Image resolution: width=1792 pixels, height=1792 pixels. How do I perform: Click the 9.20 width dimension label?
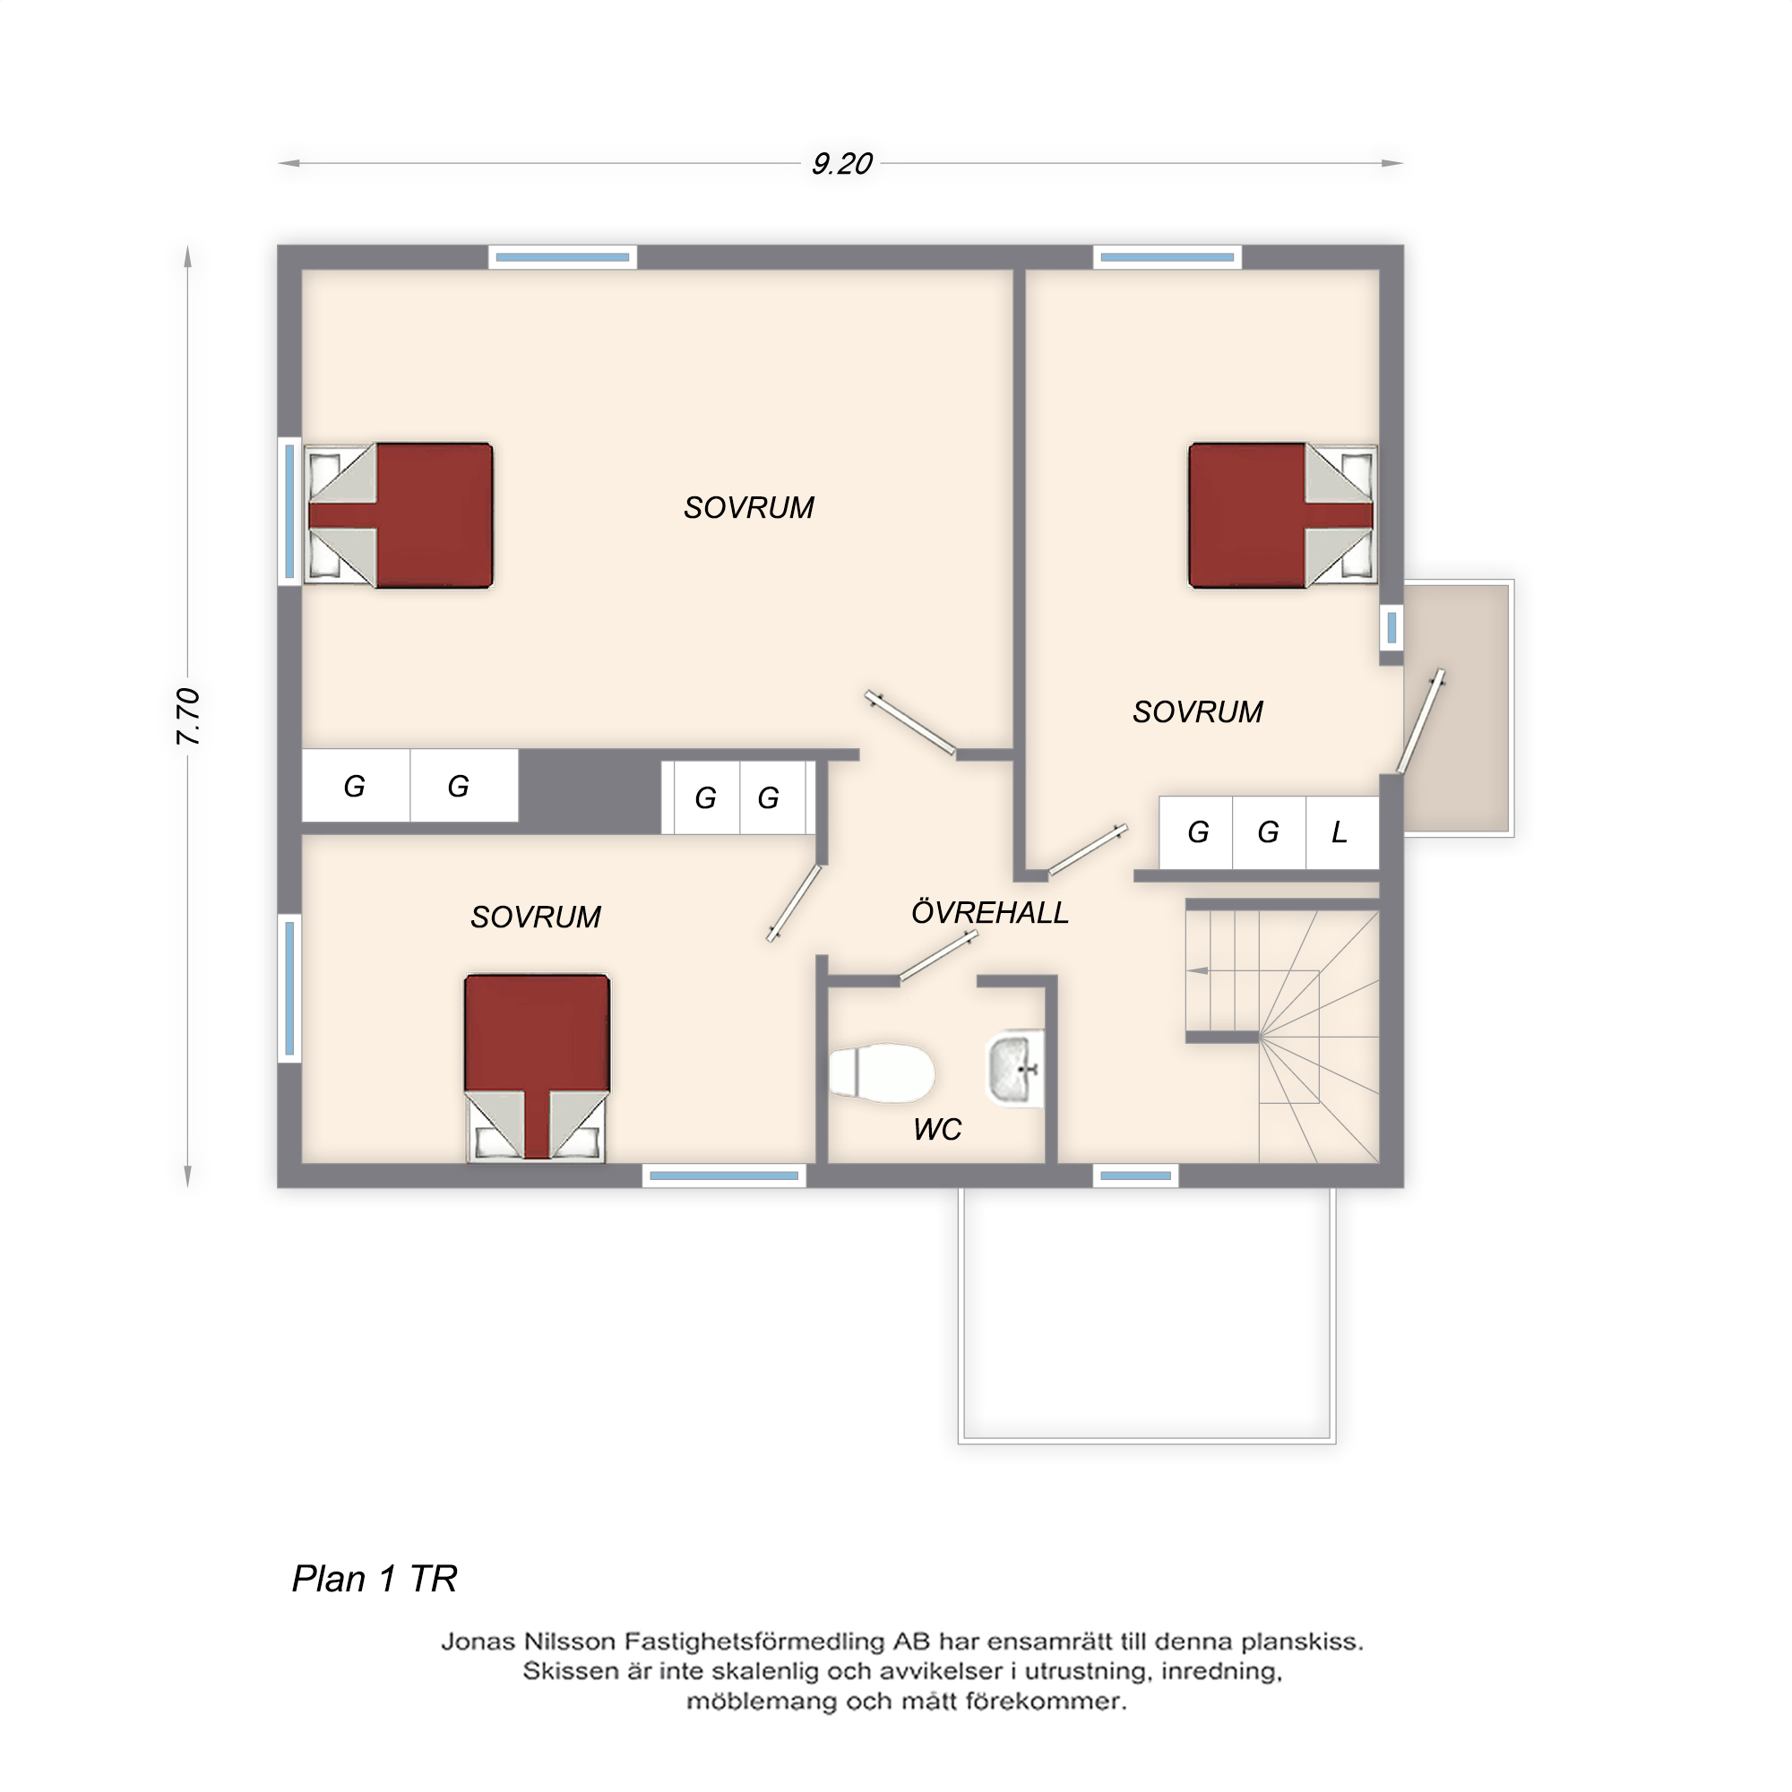[841, 164]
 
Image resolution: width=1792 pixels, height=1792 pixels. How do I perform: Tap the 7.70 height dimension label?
[188, 716]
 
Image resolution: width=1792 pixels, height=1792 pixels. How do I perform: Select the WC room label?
[937, 1130]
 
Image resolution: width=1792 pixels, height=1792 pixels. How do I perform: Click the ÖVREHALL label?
[990, 913]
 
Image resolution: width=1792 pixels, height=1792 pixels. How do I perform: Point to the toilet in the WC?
[881, 1073]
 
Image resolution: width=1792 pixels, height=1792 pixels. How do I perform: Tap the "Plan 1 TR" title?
[375, 1578]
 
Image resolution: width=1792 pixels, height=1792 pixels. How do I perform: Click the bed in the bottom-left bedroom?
[537, 1066]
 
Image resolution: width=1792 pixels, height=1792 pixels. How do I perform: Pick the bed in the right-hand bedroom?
[1282, 516]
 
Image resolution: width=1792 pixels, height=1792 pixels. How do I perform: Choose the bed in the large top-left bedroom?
[400, 516]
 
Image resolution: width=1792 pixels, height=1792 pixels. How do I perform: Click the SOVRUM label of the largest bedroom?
[748, 507]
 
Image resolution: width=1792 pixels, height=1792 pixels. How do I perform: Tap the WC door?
[938, 956]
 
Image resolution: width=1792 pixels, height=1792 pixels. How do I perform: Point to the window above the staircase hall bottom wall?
[1135, 1176]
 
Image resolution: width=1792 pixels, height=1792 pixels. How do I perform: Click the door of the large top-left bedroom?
[911, 723]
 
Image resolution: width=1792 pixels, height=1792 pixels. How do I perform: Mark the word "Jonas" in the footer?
[478, 1642]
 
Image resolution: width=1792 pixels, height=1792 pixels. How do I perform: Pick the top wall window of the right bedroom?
[1167, 257]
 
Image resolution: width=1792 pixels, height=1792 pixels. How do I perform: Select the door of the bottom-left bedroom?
[794, 903]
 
